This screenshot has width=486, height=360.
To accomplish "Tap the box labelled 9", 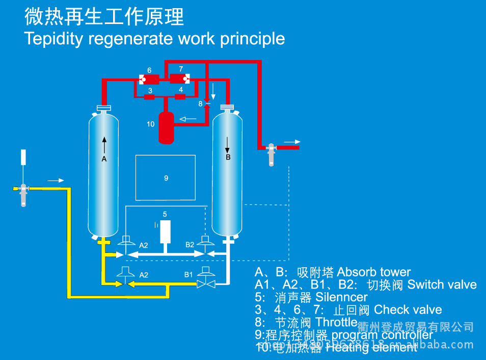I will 166,178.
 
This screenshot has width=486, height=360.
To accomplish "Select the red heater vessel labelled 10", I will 166,128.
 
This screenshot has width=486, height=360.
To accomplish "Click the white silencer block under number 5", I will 165,231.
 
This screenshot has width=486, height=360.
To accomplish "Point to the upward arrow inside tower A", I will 104,145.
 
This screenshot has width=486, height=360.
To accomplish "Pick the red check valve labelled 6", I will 149,80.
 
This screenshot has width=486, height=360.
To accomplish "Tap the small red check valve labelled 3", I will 149,97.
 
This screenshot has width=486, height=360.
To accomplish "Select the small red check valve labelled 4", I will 180,97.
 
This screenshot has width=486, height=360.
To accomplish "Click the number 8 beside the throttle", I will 201,104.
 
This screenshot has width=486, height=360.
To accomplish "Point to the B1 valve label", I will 188,274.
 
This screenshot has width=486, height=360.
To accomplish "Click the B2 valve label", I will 190,245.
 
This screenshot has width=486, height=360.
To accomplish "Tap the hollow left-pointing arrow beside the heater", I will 187,119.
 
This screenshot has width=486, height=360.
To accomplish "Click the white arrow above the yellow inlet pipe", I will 56,181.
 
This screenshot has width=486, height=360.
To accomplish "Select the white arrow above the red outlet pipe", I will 292,142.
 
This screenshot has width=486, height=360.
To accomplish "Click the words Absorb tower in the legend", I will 374,272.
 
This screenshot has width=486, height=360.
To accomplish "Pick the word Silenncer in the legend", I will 341,297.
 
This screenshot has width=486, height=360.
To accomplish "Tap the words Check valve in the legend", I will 408,310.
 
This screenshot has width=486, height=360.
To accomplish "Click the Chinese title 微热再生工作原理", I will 104,17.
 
